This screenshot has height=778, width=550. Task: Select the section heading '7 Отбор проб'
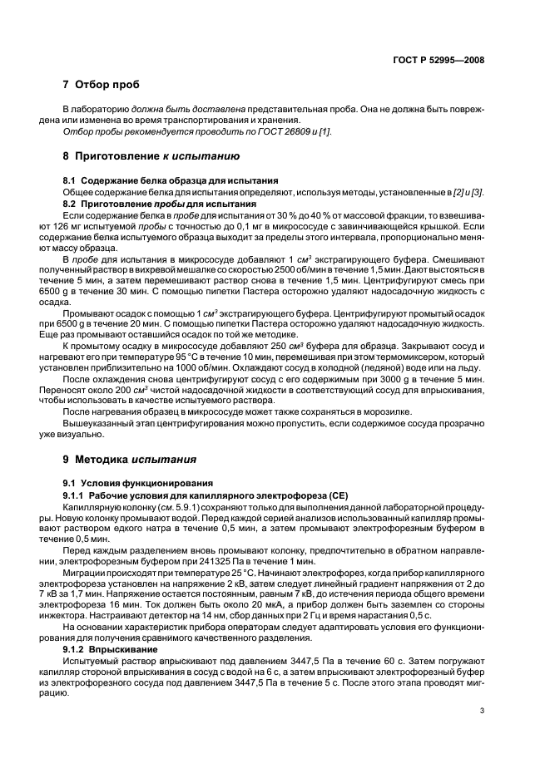[101, 85]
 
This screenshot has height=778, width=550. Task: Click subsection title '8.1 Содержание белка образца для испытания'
[171, 180]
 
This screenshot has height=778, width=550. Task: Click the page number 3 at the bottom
[482, 710]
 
